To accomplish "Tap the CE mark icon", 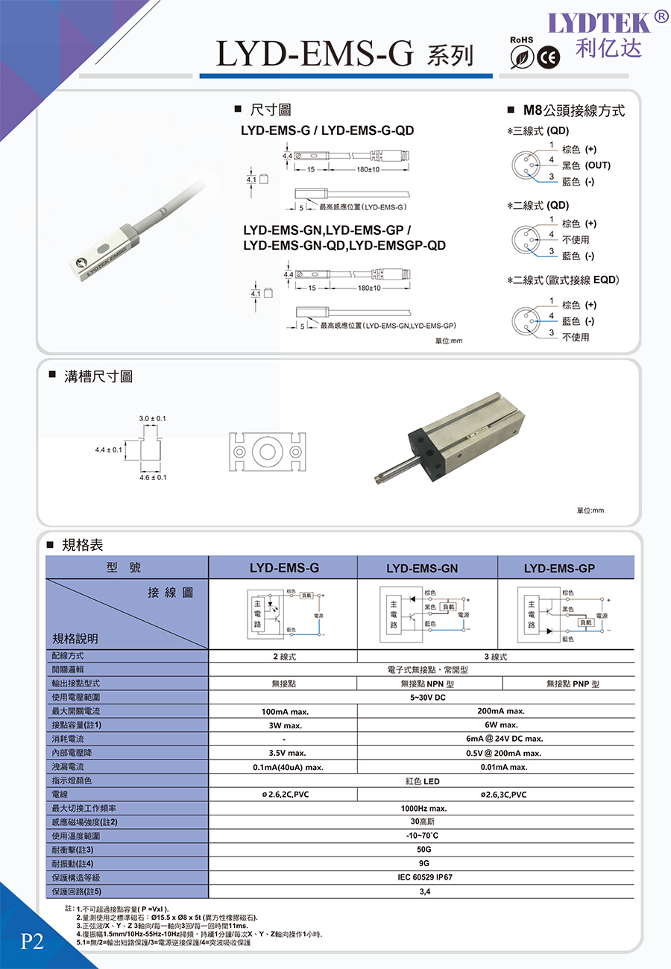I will [x=549, y=58].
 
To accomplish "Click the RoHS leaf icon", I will [x=522, y=58].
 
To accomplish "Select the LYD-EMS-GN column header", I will [x=422, y=569].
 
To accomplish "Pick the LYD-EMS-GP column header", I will [x=559, y=569].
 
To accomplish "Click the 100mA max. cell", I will [x=283, y=711].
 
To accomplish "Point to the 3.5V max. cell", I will [x=283, y=753].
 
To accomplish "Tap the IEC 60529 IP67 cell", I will [x=425, y=877].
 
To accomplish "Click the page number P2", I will [x=32, y=941].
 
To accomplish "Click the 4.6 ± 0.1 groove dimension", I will [x=153, y=477].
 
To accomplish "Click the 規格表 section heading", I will [x=82, y=546].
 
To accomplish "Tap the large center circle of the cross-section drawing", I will [x=265, y=452].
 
